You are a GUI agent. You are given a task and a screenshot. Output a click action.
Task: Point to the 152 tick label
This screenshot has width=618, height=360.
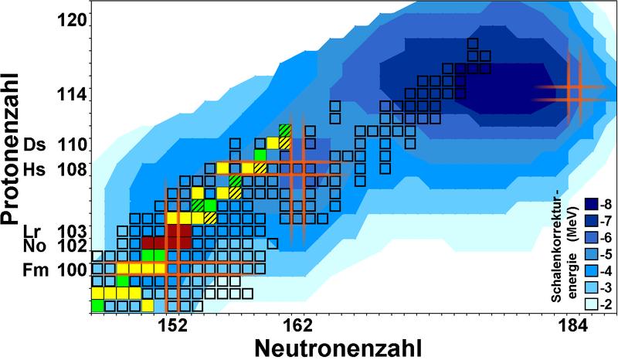(171, 325)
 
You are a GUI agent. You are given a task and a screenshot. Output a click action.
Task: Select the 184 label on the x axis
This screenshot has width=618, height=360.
(572, 325)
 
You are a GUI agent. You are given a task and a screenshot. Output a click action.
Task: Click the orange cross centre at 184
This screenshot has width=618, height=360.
(572, 92)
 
